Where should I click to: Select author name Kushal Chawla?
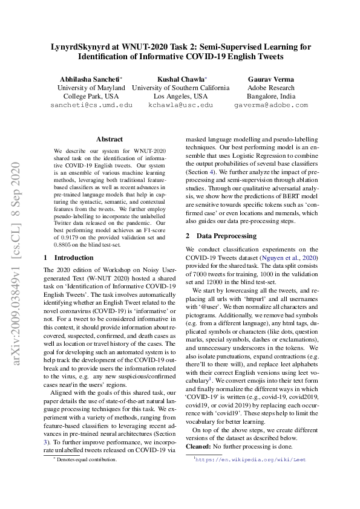(180, 79)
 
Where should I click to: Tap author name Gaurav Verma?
(271, 79)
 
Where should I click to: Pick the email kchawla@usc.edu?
(180, 105)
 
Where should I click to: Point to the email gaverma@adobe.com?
(271, 105)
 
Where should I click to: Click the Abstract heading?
(109, 139)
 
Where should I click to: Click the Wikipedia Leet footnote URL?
(250, 459)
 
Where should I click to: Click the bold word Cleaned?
(199, 446)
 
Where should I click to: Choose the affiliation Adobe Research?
(271, 88)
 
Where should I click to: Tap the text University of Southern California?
(180, 88)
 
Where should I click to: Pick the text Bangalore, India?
(271, 96)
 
